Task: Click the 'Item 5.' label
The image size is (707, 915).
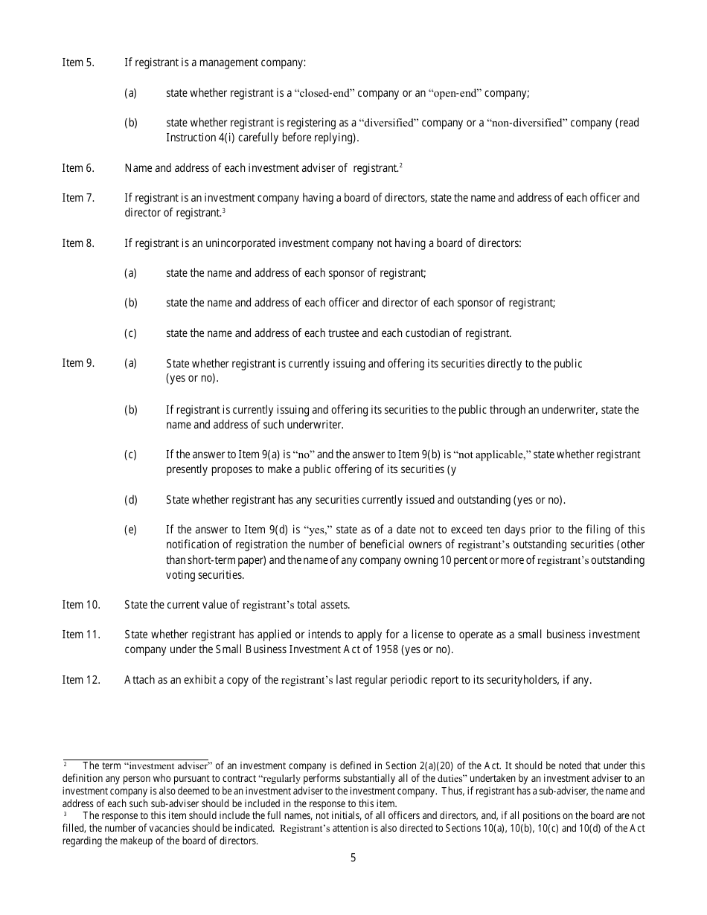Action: tap(78, 62)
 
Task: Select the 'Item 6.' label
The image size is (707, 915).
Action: tap(78, 168)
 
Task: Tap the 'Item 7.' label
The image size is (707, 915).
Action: tap(78, 198)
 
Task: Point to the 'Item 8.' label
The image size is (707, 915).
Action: tap(78, 243)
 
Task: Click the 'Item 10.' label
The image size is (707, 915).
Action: tap(80, 605)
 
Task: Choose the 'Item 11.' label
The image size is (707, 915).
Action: tap(80, 635)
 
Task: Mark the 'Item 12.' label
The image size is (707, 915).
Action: tap(80, 680)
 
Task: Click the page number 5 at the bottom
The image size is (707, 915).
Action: tap(353, 858)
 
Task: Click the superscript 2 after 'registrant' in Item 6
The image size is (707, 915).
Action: tap(400, 165)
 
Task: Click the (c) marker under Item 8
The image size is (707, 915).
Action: tap(130, 333)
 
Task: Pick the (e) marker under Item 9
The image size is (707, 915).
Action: tap(130, 530)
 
